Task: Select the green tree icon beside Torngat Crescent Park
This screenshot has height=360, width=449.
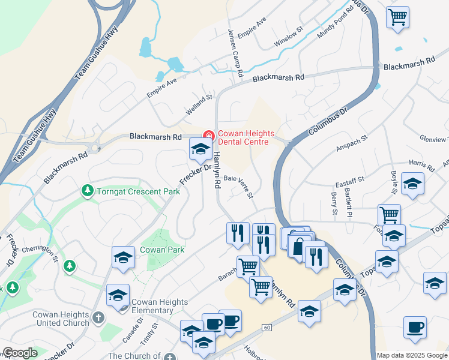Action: (x=88, y=191)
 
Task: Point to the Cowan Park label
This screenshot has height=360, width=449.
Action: (x=162, y=250)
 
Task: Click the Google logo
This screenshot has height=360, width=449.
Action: (x=20, y=353)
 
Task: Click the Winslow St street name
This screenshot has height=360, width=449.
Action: (x=289, y=41)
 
